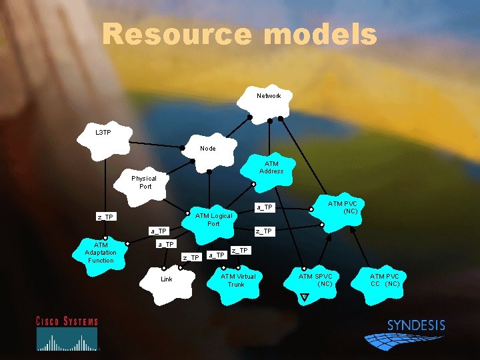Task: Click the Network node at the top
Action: click(269, 97)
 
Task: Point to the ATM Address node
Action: click(271, 167)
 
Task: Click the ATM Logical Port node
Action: click(213, 219)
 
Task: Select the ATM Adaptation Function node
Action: click(100, 253)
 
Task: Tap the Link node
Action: click(166, 279)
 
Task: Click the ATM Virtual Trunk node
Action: click(237, 280)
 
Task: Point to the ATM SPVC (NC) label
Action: click(315, 280)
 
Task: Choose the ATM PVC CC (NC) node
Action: click(385, 280)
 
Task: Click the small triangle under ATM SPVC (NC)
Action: click(304, 297)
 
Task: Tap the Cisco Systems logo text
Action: click(67, 321)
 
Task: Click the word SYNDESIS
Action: click(416, 325)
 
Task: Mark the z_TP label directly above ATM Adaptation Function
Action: click(105, 217)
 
